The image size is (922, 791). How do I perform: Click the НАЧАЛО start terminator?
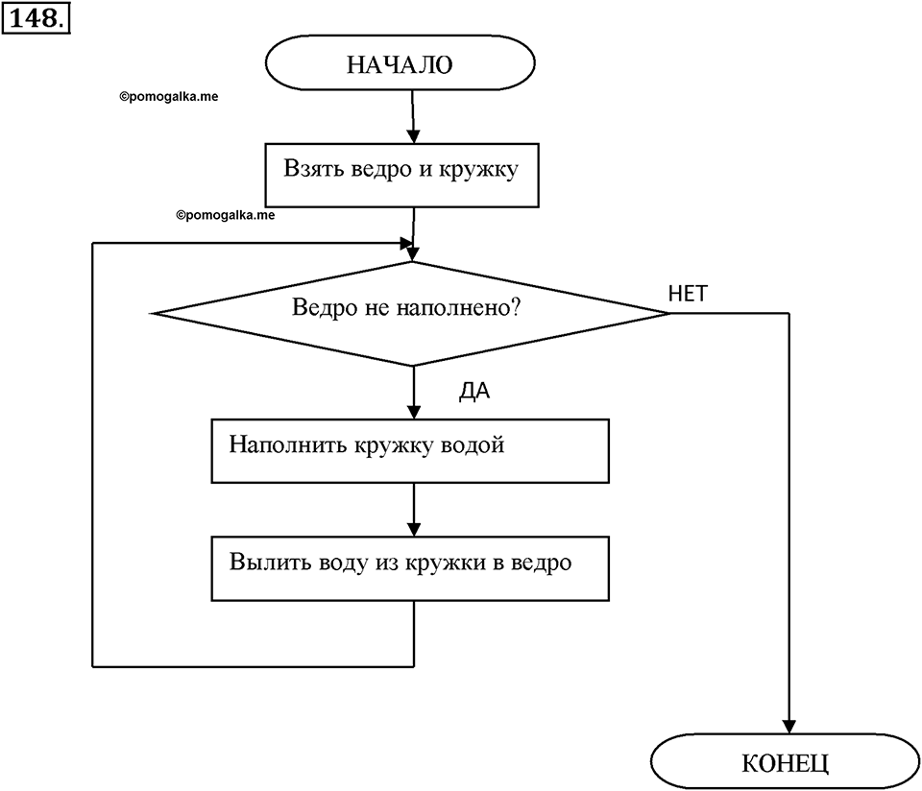point(400,63)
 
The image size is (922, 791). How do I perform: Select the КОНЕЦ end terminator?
point(785,761)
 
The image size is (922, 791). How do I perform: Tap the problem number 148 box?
point(36,18)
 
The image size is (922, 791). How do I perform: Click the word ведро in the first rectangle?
point(381,169)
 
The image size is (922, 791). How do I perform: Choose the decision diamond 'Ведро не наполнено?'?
point(412,313)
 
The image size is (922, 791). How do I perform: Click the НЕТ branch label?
point(688,293)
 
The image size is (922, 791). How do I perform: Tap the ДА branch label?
point(473,392)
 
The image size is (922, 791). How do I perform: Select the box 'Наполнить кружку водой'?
point(410,451)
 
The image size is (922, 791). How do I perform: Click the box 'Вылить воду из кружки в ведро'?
point(410,568)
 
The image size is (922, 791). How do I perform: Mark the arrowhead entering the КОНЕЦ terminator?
point(789,727)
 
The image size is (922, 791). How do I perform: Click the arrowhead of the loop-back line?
point(405,243)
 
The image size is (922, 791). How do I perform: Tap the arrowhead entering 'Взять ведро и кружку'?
point(413,136)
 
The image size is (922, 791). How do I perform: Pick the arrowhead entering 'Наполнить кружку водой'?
point(414,412)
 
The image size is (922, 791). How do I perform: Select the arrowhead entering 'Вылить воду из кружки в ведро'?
point(414,529)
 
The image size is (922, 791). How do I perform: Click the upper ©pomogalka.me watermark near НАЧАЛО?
point(169,97)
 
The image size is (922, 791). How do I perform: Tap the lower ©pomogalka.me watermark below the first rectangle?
point(225,216)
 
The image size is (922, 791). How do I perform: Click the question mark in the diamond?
point(516,307)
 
